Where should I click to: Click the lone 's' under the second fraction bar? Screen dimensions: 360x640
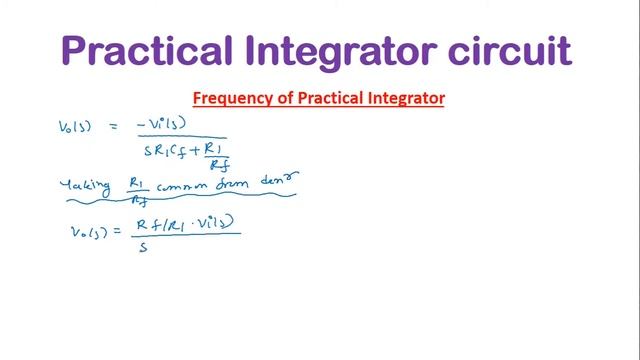tap(143, 247)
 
